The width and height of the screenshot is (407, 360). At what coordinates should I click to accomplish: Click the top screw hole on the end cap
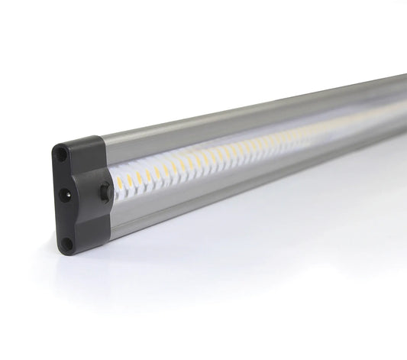[x=63, y=154]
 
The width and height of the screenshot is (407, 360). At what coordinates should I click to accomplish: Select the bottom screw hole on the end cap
[x=67, y=243]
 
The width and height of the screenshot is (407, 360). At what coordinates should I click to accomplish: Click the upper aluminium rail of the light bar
[x=229, y=115]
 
